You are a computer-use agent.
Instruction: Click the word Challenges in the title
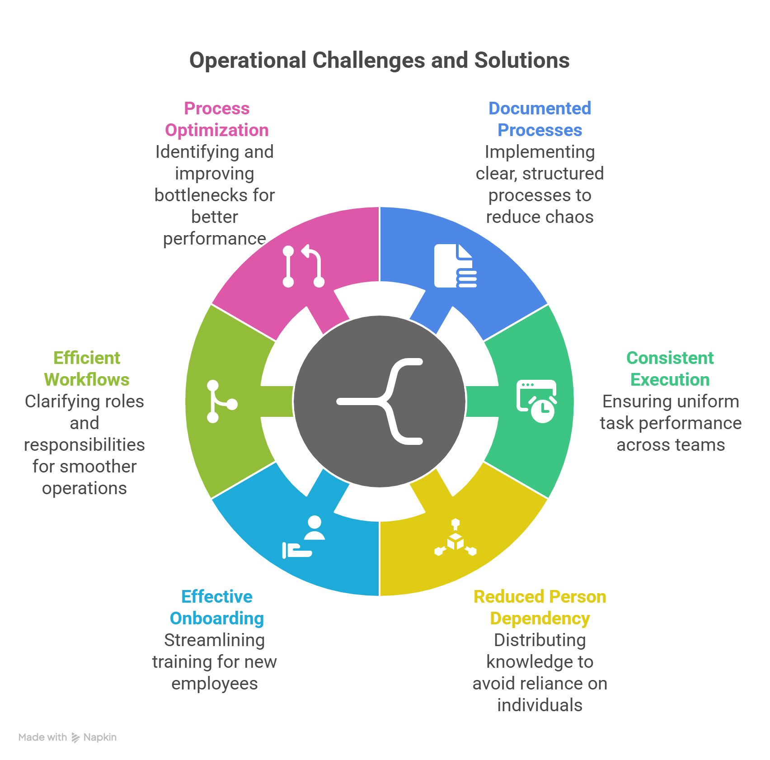368,61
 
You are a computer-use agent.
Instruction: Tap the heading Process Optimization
217,119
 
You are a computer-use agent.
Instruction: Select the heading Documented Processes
540,119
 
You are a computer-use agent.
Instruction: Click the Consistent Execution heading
670,369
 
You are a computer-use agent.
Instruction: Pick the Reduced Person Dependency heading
540,608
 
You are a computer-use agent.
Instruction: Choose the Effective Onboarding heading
217,608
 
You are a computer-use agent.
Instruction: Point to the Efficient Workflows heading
87,369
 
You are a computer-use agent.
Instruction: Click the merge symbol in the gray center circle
380,401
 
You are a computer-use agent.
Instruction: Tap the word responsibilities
85,445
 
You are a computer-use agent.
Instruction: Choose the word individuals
540,705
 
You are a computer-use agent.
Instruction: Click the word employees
215,684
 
